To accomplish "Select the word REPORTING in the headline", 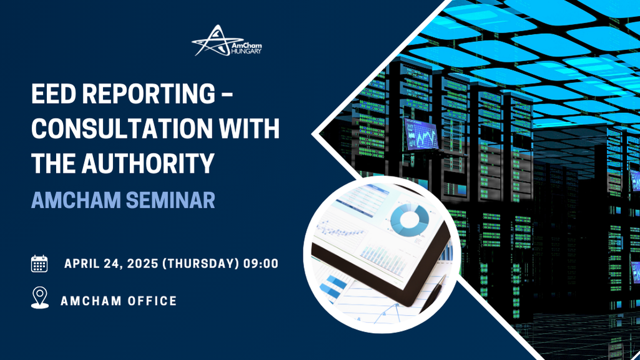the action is click(x=149, y=94).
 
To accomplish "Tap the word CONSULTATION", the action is click(x=122, y=129).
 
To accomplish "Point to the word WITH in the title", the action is click(x=249, y=129).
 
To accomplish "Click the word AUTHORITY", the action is click(x=148, y=163).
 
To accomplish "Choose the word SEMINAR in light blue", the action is click(x=170, y=200).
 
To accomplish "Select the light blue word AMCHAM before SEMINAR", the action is click(x=76, y=200).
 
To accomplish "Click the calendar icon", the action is click(x=39, y=264).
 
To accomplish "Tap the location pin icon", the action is click(x=39, y=298).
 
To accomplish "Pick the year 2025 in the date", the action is click(x=142, y=263).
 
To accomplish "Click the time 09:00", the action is click(x=261, y=263).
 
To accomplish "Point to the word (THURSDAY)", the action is click(x=201, y=263).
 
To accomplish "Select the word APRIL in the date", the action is click(x=82, y=263).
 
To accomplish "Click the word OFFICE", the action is click(x=152, y=301).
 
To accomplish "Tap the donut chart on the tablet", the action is click(x=410, y=220).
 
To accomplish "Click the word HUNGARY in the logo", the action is click(x=246, y=51).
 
